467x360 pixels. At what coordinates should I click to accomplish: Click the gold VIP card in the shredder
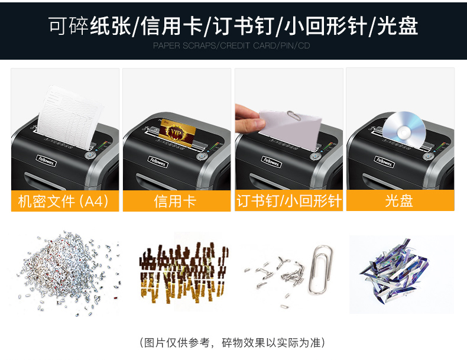(x=178, y=131)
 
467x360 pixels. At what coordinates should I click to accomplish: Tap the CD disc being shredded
(x=404, y=129)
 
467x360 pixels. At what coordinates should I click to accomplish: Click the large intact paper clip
(x=320, y=269)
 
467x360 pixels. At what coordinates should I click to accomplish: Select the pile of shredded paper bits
(x=69, y=273)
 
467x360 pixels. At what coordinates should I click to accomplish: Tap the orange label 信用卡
(x=175, y=201)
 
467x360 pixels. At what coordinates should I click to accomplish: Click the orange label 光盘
(x=399, y=201)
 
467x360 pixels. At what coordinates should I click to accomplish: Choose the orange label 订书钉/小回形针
(x=289, y=201)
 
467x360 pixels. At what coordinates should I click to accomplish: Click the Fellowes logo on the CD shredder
(x=384, y=162)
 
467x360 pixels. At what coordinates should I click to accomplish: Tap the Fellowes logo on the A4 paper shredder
(x=46, y=161)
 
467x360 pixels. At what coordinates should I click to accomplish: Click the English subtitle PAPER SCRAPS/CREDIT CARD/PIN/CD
(x=231, y=46)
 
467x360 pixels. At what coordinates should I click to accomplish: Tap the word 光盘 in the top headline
(x=398, y=26)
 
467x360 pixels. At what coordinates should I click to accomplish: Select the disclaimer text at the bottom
(x=232, y=342)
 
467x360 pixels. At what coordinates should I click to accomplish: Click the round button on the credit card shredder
(x=201, y=157)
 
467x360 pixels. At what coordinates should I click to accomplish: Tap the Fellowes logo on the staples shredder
(x=271, y=162)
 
